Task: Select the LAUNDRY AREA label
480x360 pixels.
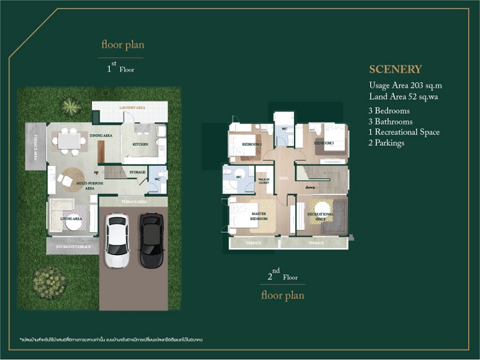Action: point(133,107)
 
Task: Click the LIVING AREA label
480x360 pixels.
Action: point(71,219)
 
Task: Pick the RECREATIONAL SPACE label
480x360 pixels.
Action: point(320,216)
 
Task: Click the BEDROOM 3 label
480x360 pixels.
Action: point(323,143)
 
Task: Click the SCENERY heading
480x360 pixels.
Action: point(395,69)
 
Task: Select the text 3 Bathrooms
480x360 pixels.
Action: point(391,122)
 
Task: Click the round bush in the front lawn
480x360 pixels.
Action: point(49,283)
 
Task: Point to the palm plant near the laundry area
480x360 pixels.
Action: point(71,107)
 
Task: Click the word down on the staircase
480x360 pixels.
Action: point(310,187)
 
